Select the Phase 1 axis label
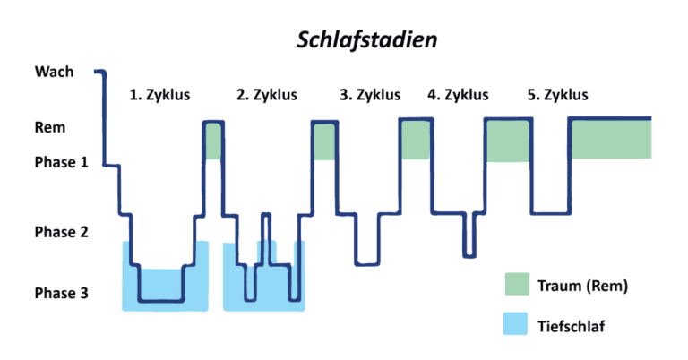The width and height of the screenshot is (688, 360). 61,162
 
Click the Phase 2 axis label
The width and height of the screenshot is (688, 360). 61,233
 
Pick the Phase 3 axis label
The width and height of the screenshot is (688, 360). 61,293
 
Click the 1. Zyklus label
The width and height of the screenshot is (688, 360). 159,93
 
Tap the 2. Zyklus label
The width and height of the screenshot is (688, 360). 266,93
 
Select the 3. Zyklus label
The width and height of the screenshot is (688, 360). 370,93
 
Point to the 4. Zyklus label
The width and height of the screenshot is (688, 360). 458,93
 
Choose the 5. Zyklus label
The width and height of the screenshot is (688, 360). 557,93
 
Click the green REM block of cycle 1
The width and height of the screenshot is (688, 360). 213,141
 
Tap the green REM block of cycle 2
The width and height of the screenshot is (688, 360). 323,142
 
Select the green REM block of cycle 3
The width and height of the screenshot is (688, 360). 416,140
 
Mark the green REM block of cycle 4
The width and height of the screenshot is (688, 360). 508,141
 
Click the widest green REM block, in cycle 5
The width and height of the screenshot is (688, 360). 611,139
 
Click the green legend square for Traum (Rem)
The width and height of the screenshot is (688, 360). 517,285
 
